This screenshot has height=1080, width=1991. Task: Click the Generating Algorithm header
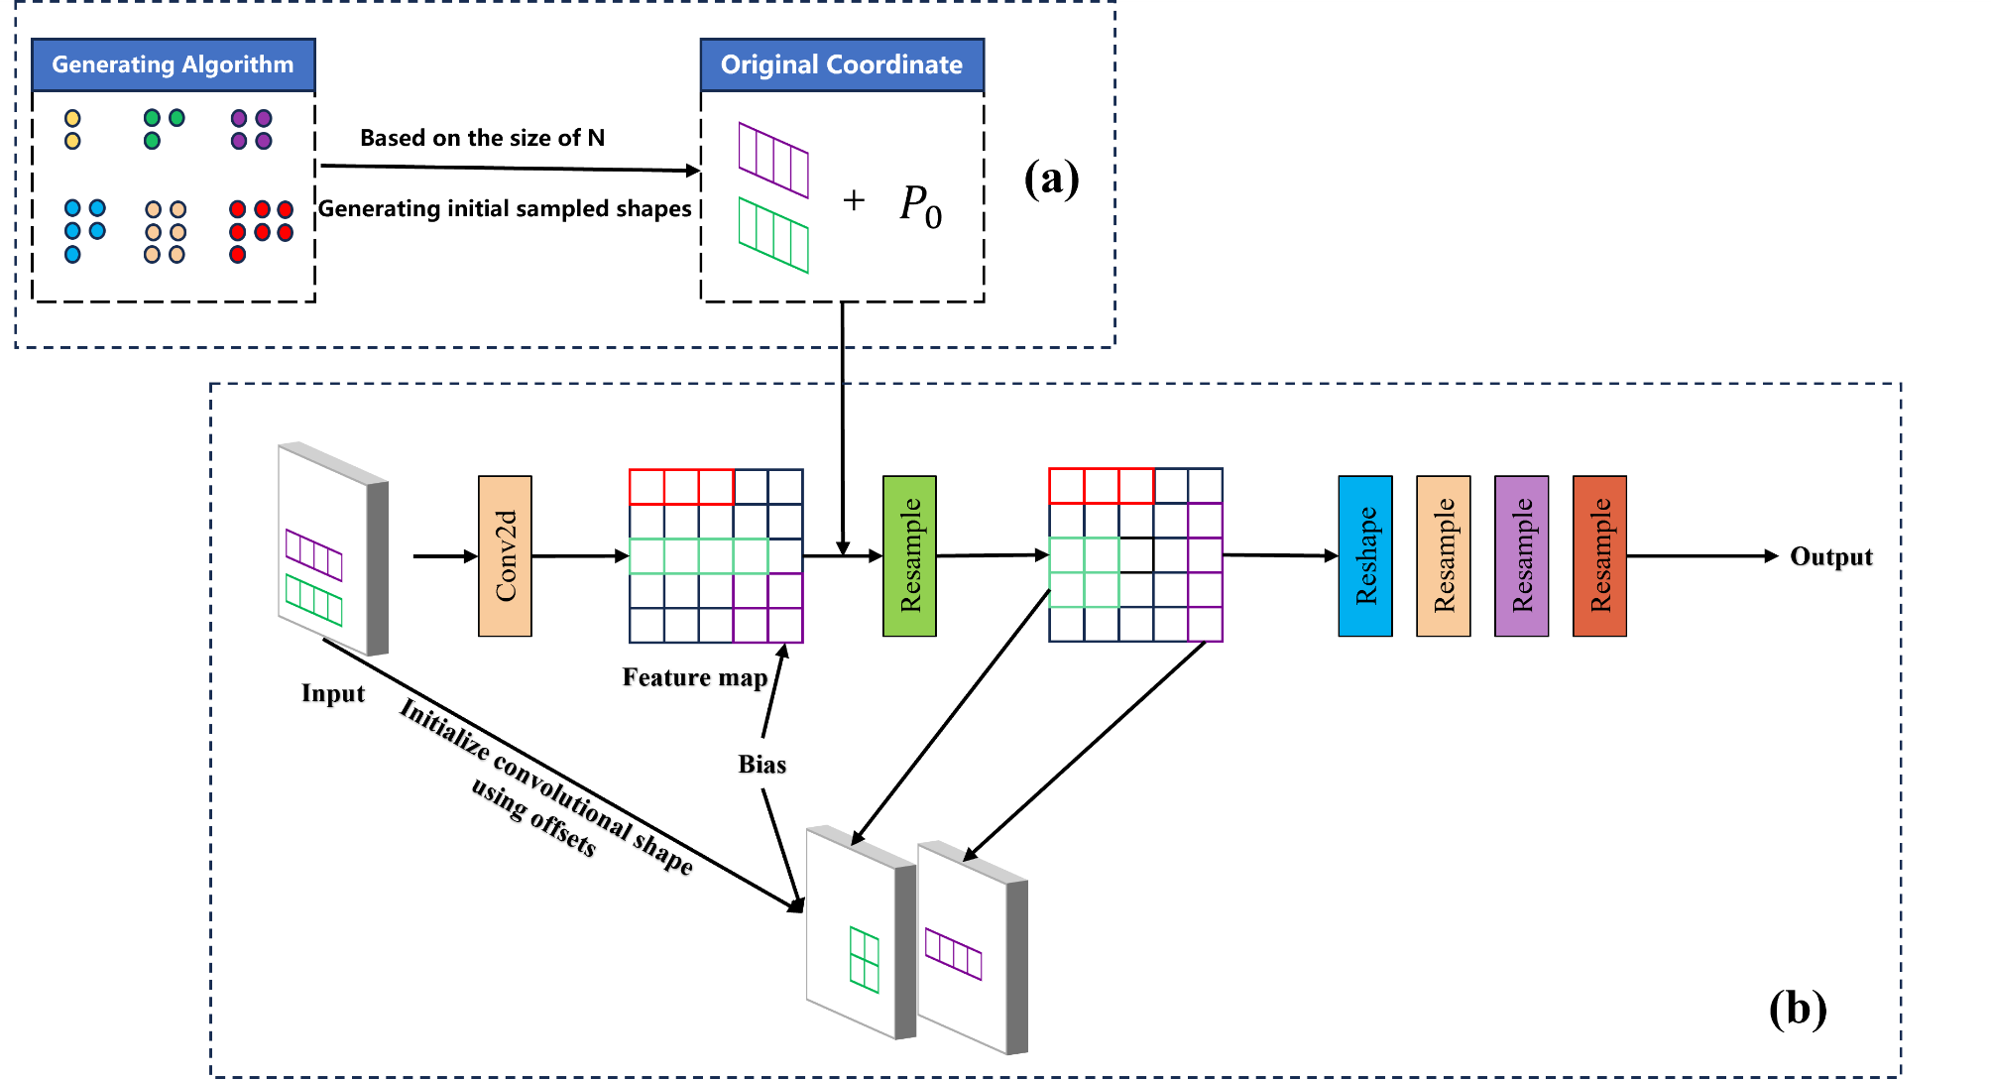pos(173,64)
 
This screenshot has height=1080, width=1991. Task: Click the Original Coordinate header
pos(841,64)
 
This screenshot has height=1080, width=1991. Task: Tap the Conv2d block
pos(505,555)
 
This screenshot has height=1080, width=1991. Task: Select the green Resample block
pos(909,555)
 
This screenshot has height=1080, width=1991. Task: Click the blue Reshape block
pos(1364,555)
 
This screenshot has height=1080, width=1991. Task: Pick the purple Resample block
pos(1521,555)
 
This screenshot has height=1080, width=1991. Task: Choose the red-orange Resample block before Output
pos(1599,555)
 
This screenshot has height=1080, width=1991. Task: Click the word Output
pos(1830,556)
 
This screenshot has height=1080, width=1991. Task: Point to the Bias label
pos(761,764)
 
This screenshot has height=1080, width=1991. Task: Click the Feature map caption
pos(694,677)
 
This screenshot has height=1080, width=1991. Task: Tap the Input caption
pos(332,693)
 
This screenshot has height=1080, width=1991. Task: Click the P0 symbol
pos(919,205)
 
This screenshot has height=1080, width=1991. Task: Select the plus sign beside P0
pos(854,200)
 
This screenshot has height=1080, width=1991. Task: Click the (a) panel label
pos(1051,179)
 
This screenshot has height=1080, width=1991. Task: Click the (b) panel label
pos(1797,1009)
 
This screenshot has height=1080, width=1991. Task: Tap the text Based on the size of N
pos(482,138)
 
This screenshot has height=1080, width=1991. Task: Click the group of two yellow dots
pos(72,130)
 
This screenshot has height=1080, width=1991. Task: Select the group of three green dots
pos(163,128)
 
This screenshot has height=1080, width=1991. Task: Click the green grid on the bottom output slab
pos(865,959)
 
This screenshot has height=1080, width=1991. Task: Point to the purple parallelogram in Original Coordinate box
pos(773,160)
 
